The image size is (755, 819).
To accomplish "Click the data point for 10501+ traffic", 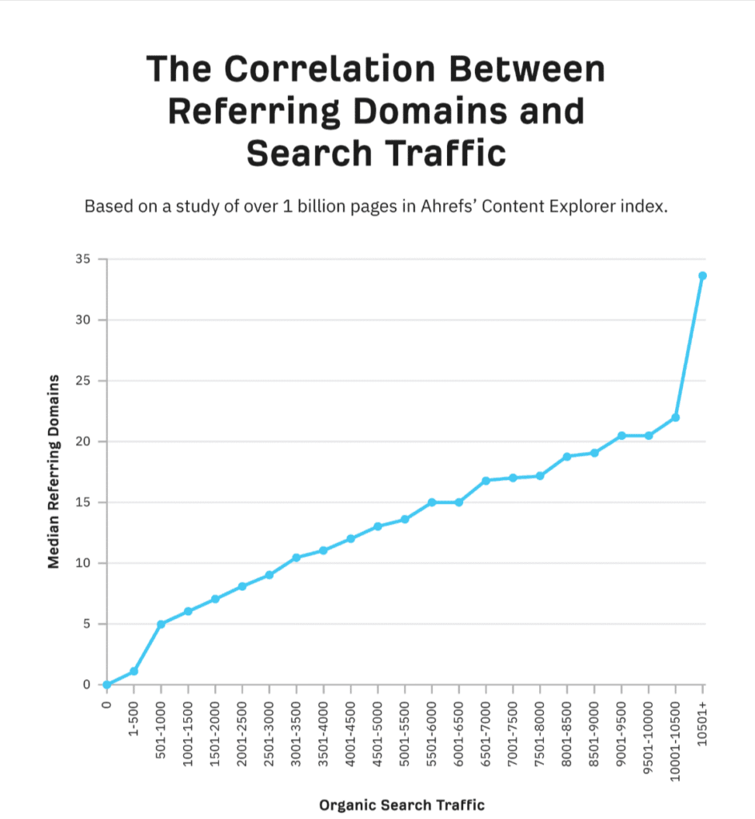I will pyautogui.click(x=702, y=276).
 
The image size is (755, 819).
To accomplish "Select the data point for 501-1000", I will pyautogui.click(x=161, y=624).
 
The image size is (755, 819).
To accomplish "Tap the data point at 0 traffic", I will pyautogui.click(x=106, y=685).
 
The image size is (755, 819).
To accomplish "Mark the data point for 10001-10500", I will pyautogui.click(x=676, y=417).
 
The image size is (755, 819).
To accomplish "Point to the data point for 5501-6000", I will pyautogui.click(x=432, y=502).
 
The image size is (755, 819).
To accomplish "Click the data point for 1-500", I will pyautogui.click(x=134, y=671).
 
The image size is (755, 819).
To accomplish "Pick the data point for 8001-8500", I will pyautogui.click(x=567, y=457).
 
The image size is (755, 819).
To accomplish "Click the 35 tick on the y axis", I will pyautogui.click(x=82, y=259).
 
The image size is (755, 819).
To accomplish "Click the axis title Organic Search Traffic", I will pyautogui.click(x=401, y=805).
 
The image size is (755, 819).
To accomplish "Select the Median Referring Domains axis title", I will pyautogui.click(x=54, y=471).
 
